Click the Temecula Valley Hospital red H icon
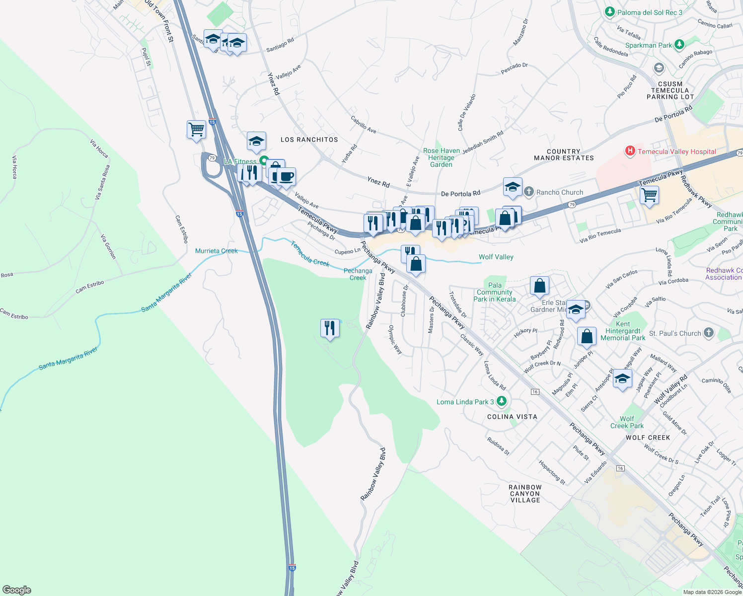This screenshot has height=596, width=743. (x=630, y=151)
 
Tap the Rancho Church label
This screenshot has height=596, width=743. (x=560, y=192)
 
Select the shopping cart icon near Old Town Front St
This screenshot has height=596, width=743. (x=196, y=130)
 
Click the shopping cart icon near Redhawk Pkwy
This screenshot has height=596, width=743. (x=649, y=195)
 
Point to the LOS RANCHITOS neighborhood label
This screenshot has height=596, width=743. (x=309, y=140)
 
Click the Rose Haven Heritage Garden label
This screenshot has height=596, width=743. (x=441, y=157)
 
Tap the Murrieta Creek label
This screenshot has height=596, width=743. (x=216, y=251)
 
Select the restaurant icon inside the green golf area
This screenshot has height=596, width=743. (x=330, y=328)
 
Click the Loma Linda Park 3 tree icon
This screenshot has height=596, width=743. (x=502, y=401)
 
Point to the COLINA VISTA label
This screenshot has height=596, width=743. (x=512, y=417)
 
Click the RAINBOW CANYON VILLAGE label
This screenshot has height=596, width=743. (x=525, y=494)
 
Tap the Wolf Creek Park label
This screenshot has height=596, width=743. (x=627, y=422)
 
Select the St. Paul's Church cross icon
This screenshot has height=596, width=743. (x=709, y=333)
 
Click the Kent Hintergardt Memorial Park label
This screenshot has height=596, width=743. (x=623, y=331)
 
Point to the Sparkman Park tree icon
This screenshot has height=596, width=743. (x=679, y=45)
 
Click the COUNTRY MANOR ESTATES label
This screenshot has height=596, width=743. (x=564, y=154)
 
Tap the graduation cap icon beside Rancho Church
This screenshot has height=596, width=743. (x=513, y=187)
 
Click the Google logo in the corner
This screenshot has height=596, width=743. (x=16, y=590)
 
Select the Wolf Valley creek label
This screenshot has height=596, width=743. (x=496, y=257)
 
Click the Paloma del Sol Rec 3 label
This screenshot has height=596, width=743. (x=650, y=12)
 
